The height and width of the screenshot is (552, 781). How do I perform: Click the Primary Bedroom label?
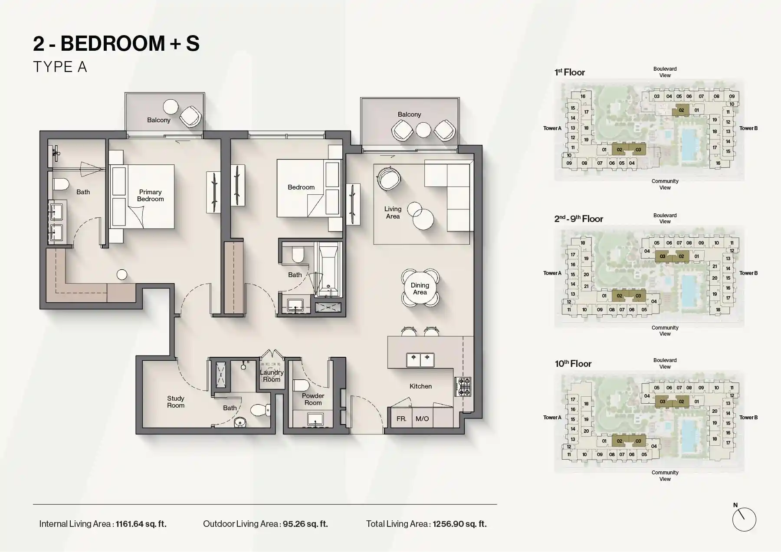tap(150, 196)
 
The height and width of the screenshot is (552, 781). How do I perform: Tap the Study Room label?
tap(176, 402)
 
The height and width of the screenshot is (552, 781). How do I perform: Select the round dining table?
tap(420, 288)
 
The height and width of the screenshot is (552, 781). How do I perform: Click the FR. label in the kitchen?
tap(401, 419)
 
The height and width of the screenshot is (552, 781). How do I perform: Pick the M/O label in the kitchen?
tap(422, 419)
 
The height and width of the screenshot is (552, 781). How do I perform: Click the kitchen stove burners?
tap(463, 387)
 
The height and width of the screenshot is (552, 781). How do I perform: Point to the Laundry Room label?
tap(272, 376)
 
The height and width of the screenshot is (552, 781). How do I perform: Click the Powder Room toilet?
tap(300, 385)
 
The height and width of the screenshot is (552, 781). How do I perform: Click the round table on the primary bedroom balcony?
tap(170, 107)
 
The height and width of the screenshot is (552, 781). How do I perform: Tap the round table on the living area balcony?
tap(423, 130)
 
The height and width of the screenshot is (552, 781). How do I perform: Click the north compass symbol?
tap(744, 519)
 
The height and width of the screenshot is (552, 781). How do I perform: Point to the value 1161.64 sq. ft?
tap(141, 524)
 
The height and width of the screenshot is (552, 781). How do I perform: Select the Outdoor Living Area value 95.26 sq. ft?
tap(305, 524)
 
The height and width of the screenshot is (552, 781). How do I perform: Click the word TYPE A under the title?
tap(60, 67)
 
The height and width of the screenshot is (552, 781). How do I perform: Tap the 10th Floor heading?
tap(573, 364)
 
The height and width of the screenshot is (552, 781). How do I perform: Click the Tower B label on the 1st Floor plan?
tap(748, 128)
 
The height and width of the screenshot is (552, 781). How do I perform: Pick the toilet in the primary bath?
tap(61, 184)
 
